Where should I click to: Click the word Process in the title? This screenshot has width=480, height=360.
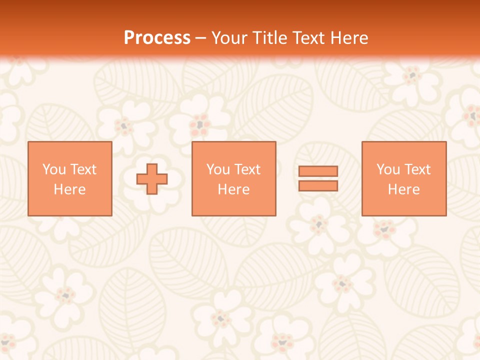157,38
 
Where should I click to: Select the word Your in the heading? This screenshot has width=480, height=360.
229,38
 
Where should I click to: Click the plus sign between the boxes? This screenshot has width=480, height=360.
152,179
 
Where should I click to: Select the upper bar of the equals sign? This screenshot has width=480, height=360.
318,171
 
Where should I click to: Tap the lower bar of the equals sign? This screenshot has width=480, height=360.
318,186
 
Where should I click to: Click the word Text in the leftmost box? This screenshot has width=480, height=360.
83,169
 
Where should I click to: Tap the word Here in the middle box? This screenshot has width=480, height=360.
234,189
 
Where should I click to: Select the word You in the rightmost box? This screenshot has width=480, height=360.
388,169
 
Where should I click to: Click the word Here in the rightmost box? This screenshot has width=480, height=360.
404,189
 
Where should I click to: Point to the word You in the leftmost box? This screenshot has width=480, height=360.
54,169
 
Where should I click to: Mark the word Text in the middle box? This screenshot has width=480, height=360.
247,169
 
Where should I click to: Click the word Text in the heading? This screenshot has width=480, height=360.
306,38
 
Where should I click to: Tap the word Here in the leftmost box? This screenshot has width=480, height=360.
70,189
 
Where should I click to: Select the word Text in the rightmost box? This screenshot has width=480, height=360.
417,169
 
